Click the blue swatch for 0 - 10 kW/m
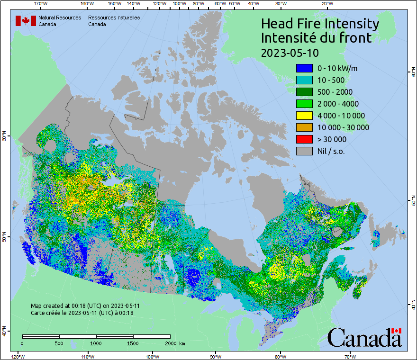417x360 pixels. (304, 68)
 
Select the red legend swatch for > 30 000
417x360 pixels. (304, 139)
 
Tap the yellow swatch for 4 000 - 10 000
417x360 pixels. (304, 116)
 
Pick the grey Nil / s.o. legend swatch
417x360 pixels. (304, 151)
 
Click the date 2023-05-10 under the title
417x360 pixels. (290, 52)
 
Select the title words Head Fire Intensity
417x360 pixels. (320, 24)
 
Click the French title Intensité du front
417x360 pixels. (317, 38)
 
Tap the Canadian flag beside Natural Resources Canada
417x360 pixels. (26, 21)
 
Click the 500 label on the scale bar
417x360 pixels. (59, 343)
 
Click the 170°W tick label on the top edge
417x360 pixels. (41, 4)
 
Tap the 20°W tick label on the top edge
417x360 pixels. (326, 4)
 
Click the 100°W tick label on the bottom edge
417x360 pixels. (152, 356)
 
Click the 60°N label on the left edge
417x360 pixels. (4, 137)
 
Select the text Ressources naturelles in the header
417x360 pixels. (114, 18)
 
